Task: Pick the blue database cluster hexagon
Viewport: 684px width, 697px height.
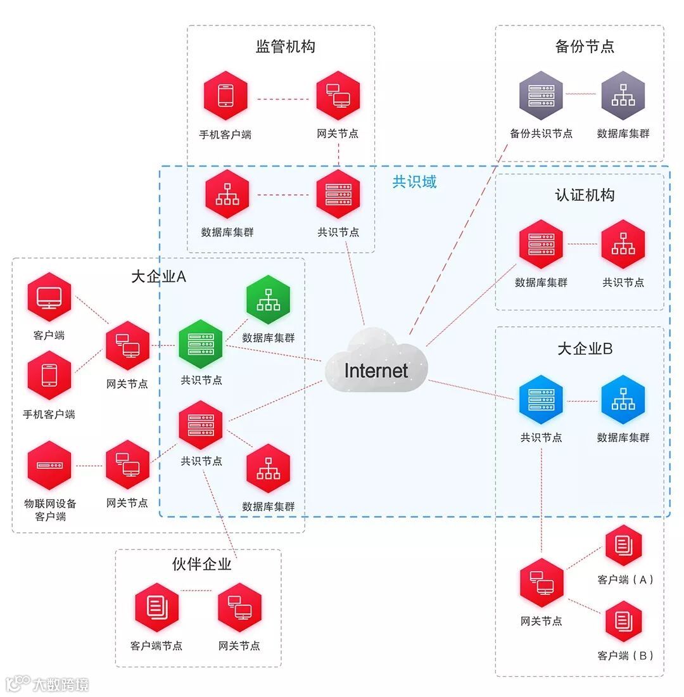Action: [x=623, y=400]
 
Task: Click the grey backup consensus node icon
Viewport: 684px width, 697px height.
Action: [x=541, y=96]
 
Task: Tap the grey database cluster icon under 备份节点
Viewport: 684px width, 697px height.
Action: [x=623, y=96]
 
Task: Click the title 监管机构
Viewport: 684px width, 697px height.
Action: [x=285, y=47]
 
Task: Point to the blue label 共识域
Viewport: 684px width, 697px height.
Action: [x=414, y=182]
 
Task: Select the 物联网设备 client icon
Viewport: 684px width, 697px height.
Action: [x=49, y=466]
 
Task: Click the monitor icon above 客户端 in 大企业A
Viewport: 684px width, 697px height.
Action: [x=49, y=297]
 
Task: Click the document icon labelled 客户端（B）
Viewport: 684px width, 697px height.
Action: [x=623, y=622]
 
